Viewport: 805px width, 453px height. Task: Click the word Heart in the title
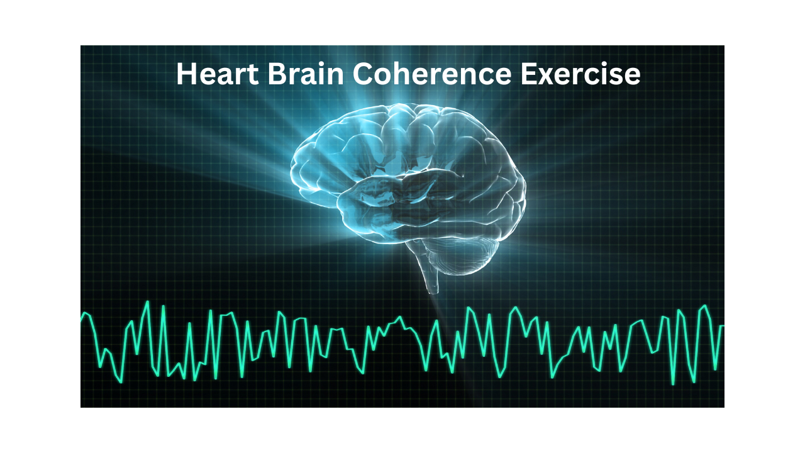217,74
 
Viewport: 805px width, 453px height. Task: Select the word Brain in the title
306,74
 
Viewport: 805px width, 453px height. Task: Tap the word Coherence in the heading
431,74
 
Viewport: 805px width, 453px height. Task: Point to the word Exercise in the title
580,74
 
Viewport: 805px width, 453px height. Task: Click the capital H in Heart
186,74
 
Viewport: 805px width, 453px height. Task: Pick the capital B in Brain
276,74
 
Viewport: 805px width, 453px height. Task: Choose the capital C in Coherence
363,74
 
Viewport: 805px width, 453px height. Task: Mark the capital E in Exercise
528,74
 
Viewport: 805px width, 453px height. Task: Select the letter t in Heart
253,75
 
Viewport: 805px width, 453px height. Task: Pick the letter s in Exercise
616,77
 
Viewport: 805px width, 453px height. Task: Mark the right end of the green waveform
723,326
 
